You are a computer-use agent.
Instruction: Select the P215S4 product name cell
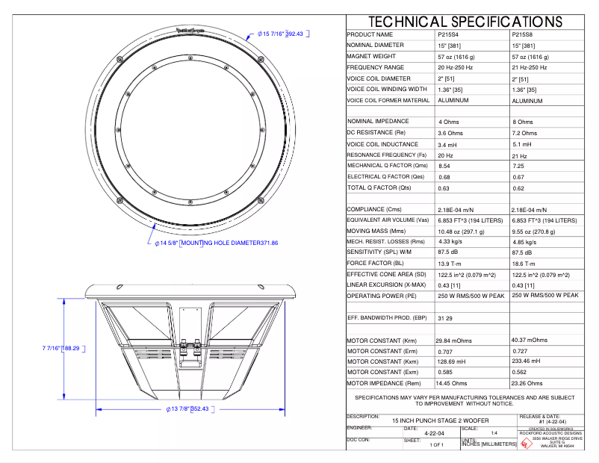pos(450,34)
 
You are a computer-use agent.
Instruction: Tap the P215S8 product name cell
pos(524,34)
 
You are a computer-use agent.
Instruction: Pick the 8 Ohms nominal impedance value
pos(523,122)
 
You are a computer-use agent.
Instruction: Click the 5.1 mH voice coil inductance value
pos(522,144)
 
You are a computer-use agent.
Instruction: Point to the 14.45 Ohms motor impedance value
pos(454,382)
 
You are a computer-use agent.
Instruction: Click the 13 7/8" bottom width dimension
pos(187,409)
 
